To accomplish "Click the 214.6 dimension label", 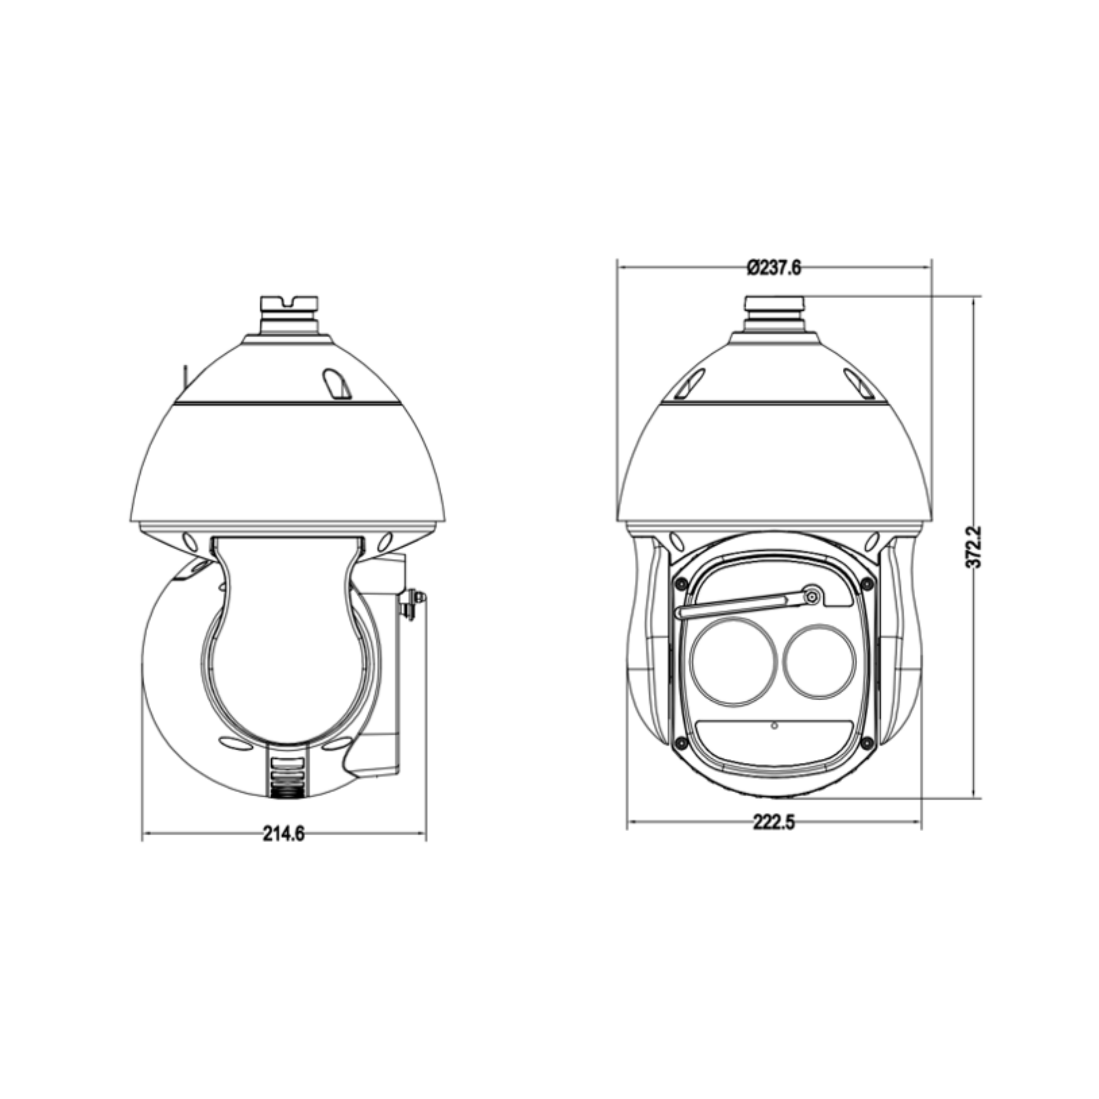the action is click(283, 834).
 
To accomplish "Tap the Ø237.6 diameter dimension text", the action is click(774, 267).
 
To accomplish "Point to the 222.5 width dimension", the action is click(774, 822).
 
